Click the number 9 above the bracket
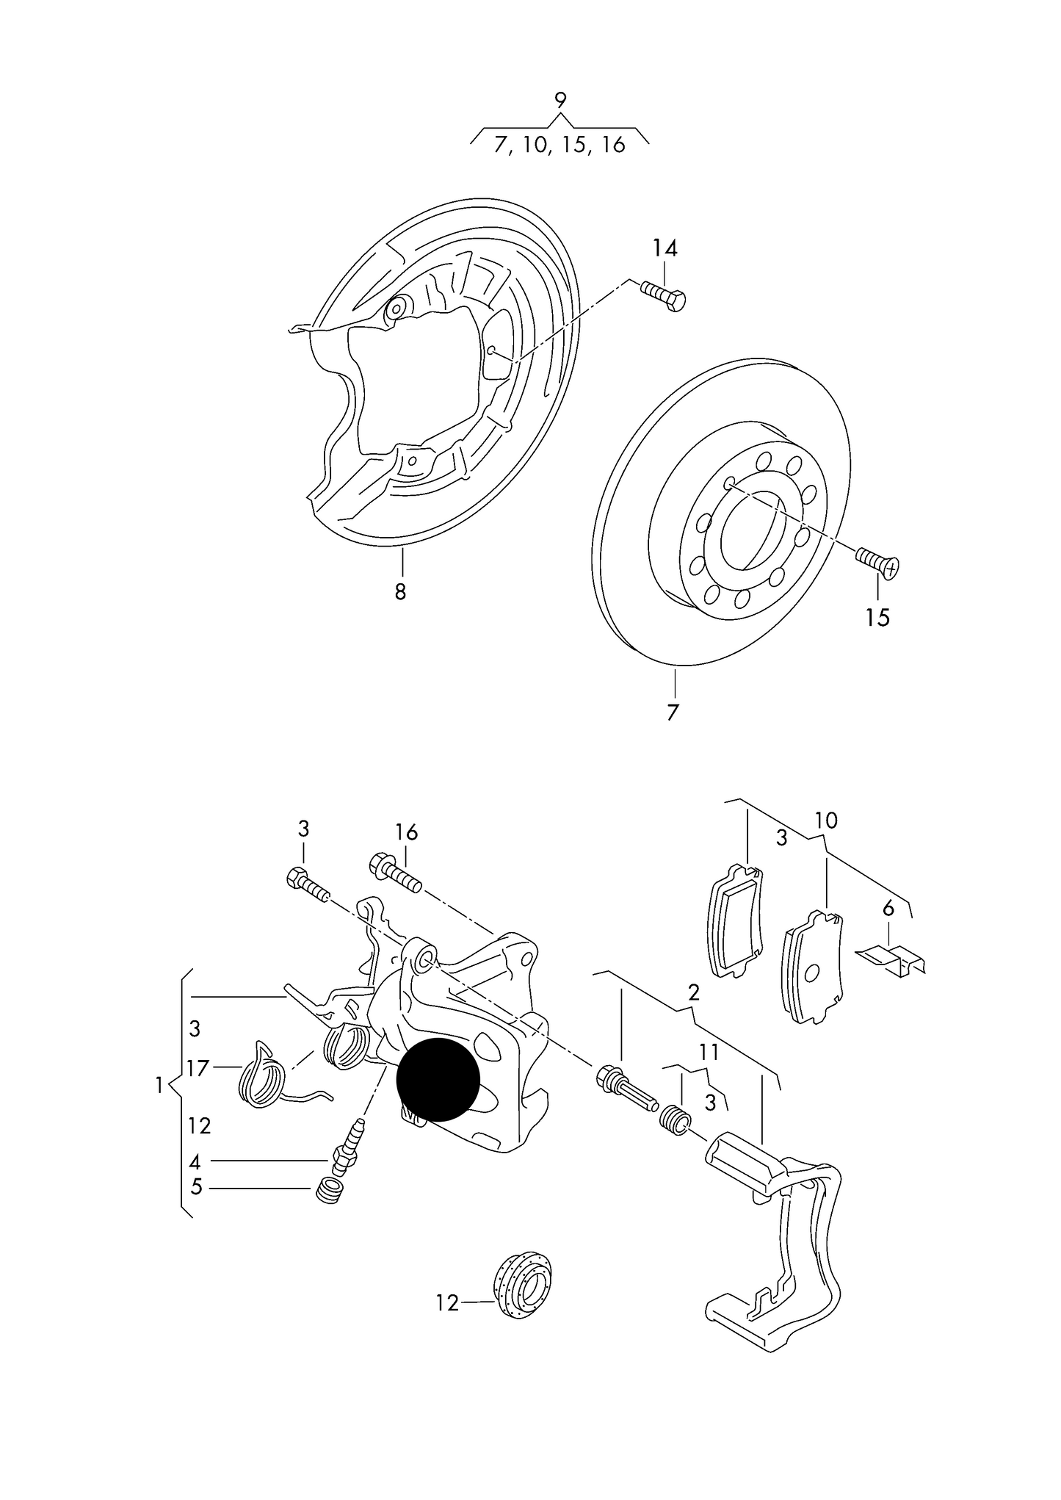pyautogui.click(x=560, y=100)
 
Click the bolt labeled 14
pyautogui.click(x=664, y=295)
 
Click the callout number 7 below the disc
pyautogui.click(x=673, y=712)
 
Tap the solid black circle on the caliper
pyautogui.click(x=438, y=1080)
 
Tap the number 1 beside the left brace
pyautogui.click(x=159, y=1084)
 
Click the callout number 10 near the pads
pyautogui.click(x=826, y=821)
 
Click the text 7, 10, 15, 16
pyautogui.click(x=560, y=145)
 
